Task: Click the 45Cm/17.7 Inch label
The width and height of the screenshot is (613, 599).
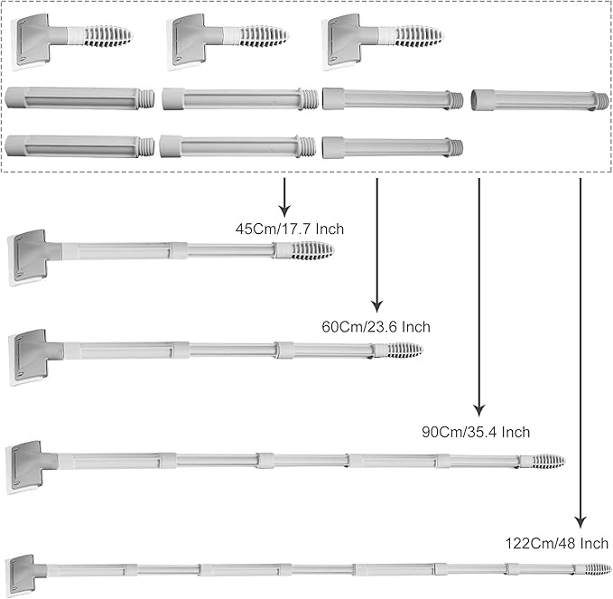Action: pos(289,229)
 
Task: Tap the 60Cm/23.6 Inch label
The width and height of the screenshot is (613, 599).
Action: pos(376,326)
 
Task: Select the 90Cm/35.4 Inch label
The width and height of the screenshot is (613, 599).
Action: pos(476,433)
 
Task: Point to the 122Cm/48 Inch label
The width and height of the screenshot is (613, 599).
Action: pos(557,543)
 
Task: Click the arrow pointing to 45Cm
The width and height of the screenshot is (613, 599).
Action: pos(284,194)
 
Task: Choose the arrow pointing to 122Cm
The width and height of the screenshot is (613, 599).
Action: pos(580,352)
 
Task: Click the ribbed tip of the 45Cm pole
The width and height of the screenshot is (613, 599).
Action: pos(312,249)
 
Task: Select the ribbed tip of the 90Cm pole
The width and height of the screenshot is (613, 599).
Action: pos(546,461)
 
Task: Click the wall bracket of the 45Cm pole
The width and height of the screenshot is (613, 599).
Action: pos(30,255)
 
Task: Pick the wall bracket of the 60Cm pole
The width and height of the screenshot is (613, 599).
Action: pos(30,355)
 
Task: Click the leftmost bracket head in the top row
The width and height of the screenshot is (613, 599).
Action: pos(33,40)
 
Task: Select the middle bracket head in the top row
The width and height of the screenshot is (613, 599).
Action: pos(190,40)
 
